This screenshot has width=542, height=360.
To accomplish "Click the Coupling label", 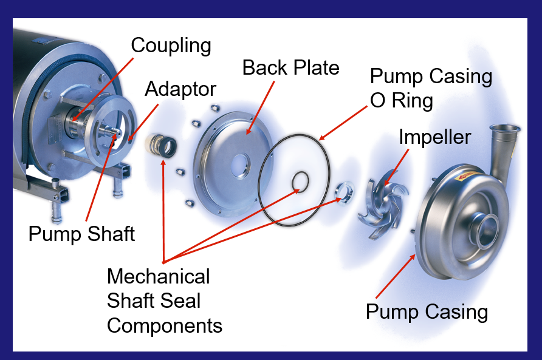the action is [x=171, y=46].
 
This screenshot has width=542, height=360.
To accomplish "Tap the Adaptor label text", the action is [x=180, y=90].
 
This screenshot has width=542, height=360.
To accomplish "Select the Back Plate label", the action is [x=290, y=67].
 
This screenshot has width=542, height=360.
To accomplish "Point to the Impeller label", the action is [x=435, y=138].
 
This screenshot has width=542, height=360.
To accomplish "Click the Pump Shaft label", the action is [x=81, y=234].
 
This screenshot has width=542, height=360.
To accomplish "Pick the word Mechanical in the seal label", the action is [x=159, y=276].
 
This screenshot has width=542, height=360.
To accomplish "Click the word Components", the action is [x=165, y=326].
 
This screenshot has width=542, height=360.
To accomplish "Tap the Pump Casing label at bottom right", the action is [x=427, y=312].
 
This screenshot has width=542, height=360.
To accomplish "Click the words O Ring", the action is [x=401, y=101].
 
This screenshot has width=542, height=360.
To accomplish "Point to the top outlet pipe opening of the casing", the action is [x=505, y=129].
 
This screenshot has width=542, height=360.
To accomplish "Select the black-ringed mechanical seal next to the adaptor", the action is [x=161, y=146].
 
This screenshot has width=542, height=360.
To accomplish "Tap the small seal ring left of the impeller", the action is [x=345, y=192].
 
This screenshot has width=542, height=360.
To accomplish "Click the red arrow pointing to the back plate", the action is [x=261, y=108].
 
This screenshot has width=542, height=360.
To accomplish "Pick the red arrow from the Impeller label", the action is [x=397, y=167].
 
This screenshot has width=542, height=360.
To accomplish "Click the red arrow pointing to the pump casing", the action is [x=396, y=276].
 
